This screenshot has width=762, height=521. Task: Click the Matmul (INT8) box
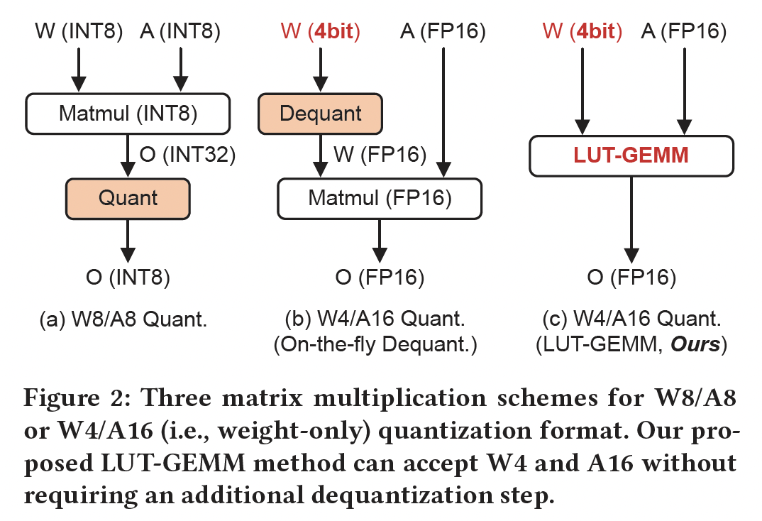(x=128, y=113)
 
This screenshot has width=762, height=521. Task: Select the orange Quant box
(x=128, y=198)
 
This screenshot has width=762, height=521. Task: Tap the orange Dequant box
(x=321, y=113)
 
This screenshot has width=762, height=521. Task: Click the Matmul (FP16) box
(x=380, y=197)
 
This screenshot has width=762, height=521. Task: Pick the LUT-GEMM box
(x=631, y=155)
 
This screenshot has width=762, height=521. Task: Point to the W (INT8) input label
(x=79, y=31)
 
